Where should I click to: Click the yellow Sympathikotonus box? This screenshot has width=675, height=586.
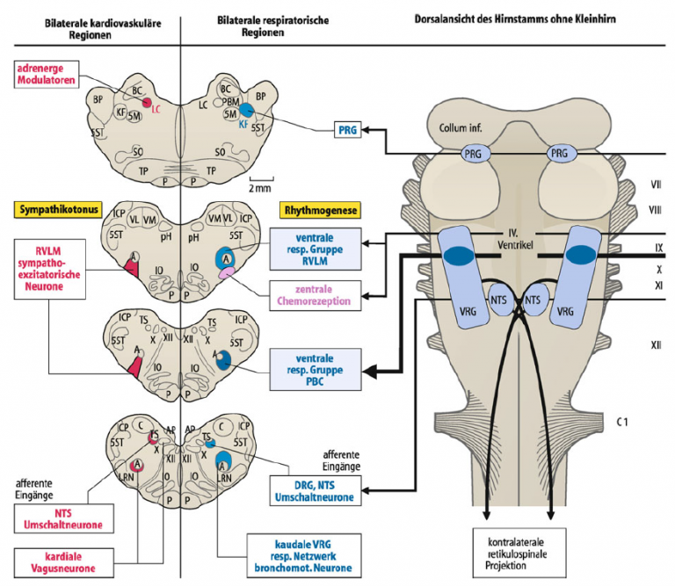click(x=59, y=210)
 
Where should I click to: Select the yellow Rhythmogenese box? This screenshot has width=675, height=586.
click(x=320, y=210)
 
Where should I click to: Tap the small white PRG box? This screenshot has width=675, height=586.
click(x=347, y=129)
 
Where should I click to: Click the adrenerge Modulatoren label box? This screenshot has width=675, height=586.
click(x=47, y=75)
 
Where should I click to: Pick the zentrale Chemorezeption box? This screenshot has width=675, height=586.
click(x=316, y=295)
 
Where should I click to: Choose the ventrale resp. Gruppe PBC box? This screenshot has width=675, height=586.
click(x=316, y=370)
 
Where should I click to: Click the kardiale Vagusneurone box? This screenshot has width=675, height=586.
click(x=63, y=562)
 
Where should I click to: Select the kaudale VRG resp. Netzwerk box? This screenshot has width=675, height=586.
click(x=303, y=556)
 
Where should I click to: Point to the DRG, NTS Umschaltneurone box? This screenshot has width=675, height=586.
click(x=316, y=491)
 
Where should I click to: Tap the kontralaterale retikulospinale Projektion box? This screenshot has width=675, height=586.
click(x=519, y=553)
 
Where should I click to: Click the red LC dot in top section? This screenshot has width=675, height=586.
click(x=147, y=103)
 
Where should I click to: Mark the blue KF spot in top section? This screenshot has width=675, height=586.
click(x=247, y=110)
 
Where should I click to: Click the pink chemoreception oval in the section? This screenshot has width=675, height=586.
click(x=228, y=272)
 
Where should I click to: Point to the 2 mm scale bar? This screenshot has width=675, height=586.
click(x=261, y=178)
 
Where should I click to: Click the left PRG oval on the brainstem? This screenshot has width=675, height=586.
click(x=473, y=154)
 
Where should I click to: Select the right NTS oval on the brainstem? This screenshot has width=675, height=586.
click(x=533, y=300)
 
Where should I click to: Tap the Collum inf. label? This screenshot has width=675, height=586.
click(x=461, y=127)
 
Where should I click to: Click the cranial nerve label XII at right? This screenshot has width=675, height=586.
click(x=656, y=344)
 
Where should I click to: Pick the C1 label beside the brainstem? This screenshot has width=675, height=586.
click(x=622, y=422)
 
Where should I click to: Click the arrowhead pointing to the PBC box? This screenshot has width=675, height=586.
click(x=370, y=372)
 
